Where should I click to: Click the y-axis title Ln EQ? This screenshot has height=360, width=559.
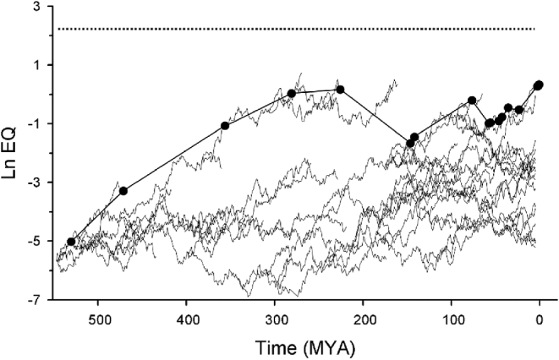[x=14, y=152]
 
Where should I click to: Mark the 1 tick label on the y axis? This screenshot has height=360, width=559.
[x=38, y=65]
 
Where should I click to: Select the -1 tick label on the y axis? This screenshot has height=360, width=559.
[x=36, y=124]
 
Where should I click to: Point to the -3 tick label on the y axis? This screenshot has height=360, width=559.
[x=36, y=183]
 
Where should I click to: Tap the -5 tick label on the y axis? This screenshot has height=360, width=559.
[x=36, y=242]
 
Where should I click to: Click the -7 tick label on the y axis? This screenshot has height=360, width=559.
[x=36, y=300]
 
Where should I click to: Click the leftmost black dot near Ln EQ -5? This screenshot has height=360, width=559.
[x=71, y=242]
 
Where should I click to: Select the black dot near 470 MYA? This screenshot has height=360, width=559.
[x=123, y=191]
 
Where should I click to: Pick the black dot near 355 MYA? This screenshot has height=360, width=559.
[x=225, y=126]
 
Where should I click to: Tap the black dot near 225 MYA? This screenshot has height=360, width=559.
[x=340, y=90]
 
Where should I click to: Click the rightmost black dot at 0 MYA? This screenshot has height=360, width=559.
[x=539, y=85]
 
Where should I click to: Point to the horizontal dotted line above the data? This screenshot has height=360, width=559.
[x=296, y=30]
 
